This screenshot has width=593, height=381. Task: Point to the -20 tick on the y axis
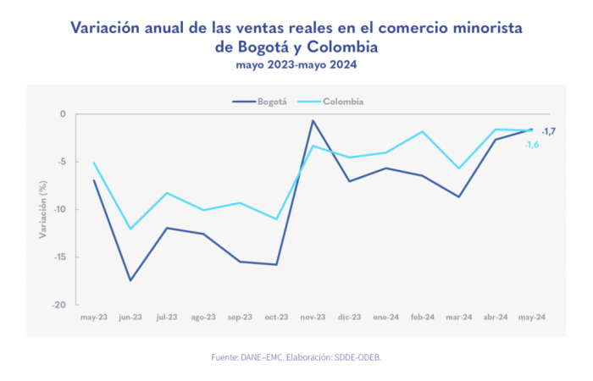(59, 305)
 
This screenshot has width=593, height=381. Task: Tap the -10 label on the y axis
(59, 209)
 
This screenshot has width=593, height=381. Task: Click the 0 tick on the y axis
(63, 113)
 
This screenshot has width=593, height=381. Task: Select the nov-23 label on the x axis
(313, 317)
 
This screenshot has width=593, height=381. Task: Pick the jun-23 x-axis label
(130, 317)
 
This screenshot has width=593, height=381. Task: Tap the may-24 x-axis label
(532, 317)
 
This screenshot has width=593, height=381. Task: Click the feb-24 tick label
(422, 317)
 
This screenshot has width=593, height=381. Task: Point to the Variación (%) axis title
(41, 209)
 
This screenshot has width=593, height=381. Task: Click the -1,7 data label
(549, 130)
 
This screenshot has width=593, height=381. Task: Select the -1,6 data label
(532, 145)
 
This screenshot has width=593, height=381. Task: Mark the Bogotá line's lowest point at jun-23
(130, 280)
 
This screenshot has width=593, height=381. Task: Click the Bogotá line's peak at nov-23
(313, 120)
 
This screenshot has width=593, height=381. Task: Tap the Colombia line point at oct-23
(276, 219)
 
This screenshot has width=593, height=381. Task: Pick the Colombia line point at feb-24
(422, 131)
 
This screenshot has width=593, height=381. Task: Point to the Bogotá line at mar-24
(458, 196)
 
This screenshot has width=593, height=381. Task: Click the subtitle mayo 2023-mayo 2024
(296, 63)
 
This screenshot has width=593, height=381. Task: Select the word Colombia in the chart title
(339, 47)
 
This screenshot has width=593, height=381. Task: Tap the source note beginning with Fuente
(296, 358)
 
